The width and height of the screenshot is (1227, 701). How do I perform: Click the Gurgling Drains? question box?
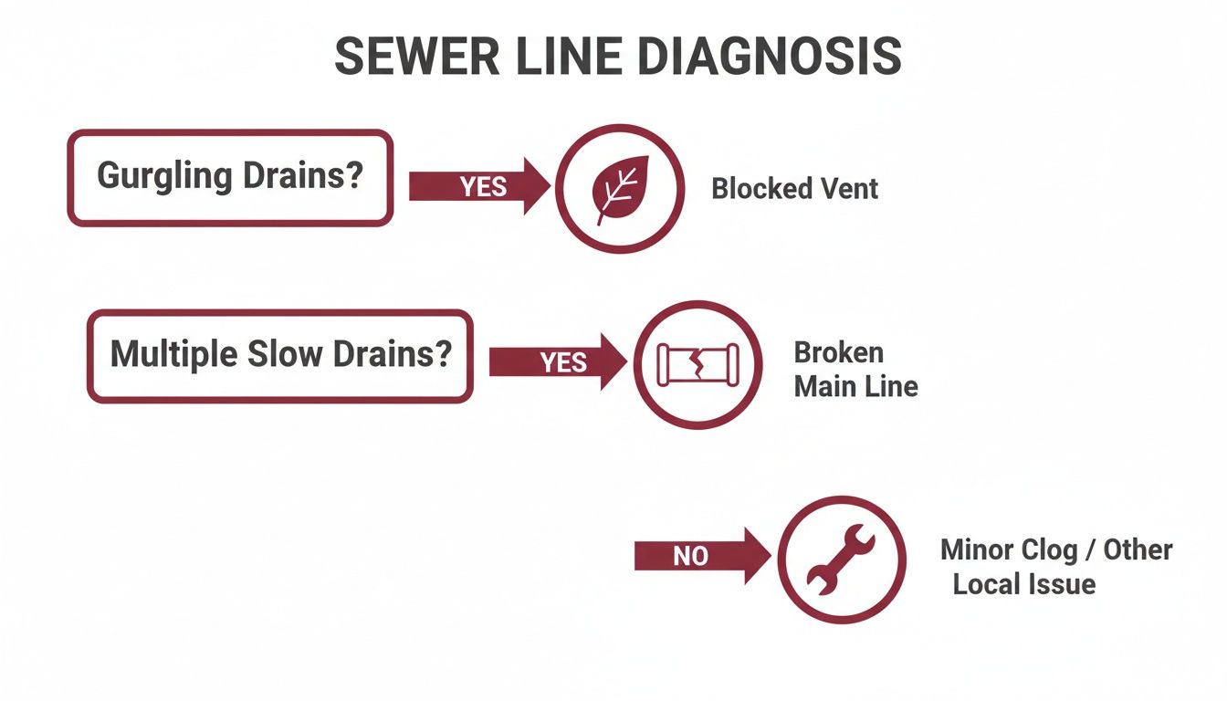230,178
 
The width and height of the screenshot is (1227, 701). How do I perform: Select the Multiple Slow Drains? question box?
280,356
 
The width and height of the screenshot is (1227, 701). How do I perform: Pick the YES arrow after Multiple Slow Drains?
557,362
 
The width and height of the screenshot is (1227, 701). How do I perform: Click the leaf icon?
620,189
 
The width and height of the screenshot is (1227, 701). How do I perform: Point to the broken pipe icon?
697,364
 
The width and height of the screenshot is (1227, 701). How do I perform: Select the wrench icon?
841,560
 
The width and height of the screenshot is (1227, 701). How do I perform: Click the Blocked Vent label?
794,189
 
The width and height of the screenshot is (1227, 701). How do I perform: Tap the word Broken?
838,352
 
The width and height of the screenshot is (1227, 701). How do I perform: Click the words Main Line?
855,386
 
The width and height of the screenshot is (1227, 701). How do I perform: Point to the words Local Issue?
1023,584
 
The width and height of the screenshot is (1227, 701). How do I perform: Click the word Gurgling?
164,175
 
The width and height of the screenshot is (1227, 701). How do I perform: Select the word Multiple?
174,354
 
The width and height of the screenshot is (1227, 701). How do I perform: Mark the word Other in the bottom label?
1138,549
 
